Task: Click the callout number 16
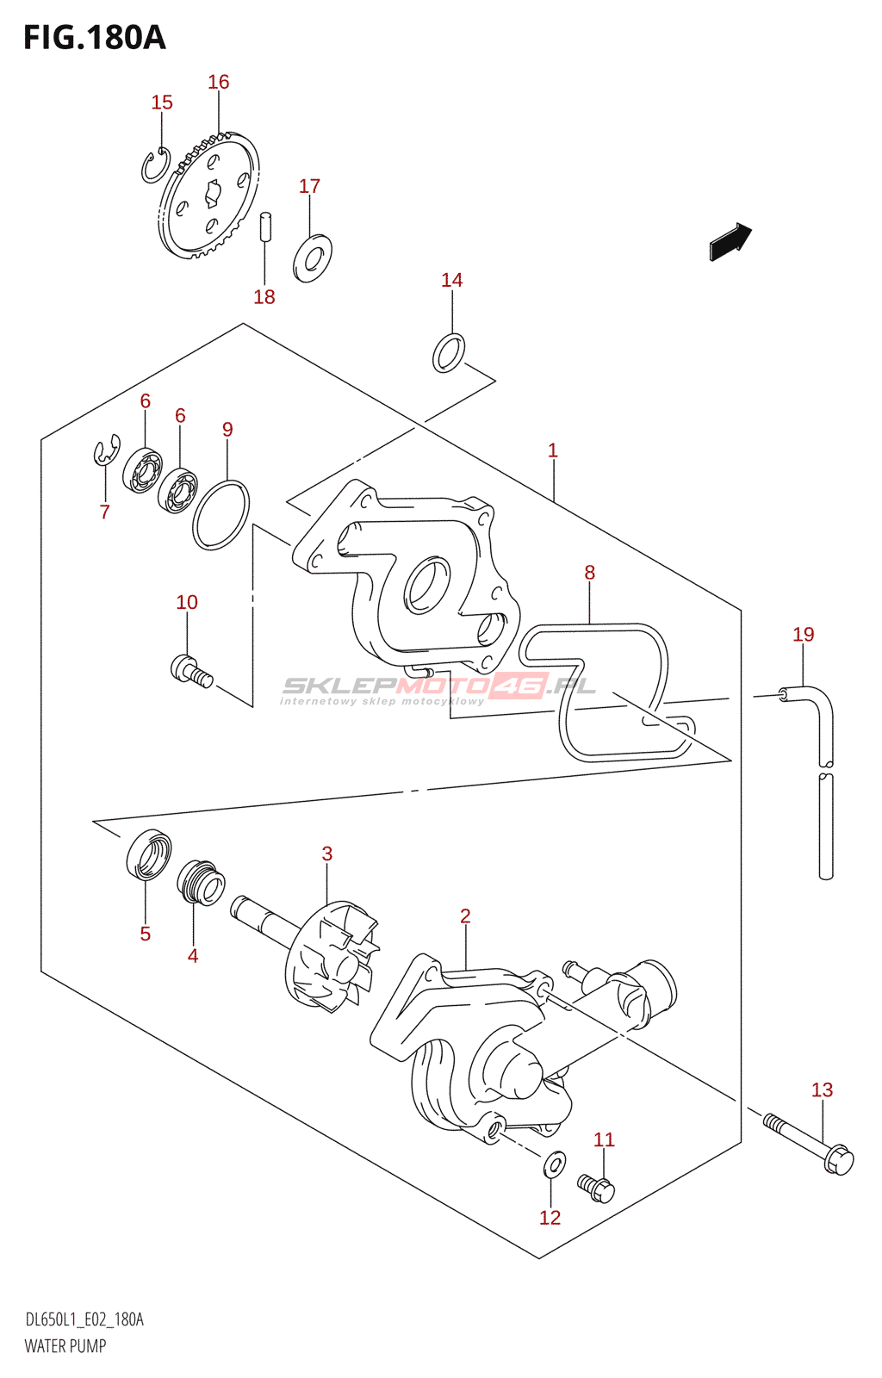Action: (x=219, y=82)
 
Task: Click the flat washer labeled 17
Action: (x=313, y=258)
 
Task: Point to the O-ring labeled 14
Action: (x=449, y=353)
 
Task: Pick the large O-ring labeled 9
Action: (x=221, y=516)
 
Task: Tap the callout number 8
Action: (x=589, y=573)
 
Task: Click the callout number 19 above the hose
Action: (x=803, y=635)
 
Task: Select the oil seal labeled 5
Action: (x=149, y=855)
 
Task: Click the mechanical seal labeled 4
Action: (x=202, y=883)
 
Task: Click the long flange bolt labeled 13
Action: (x=810, y=1144)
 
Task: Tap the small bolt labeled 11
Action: (x=597, y=1189)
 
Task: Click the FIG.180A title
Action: (x=94, y=37)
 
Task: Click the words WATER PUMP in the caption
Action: (x=65, y=1346)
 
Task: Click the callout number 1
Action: (x=553, y=450)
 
